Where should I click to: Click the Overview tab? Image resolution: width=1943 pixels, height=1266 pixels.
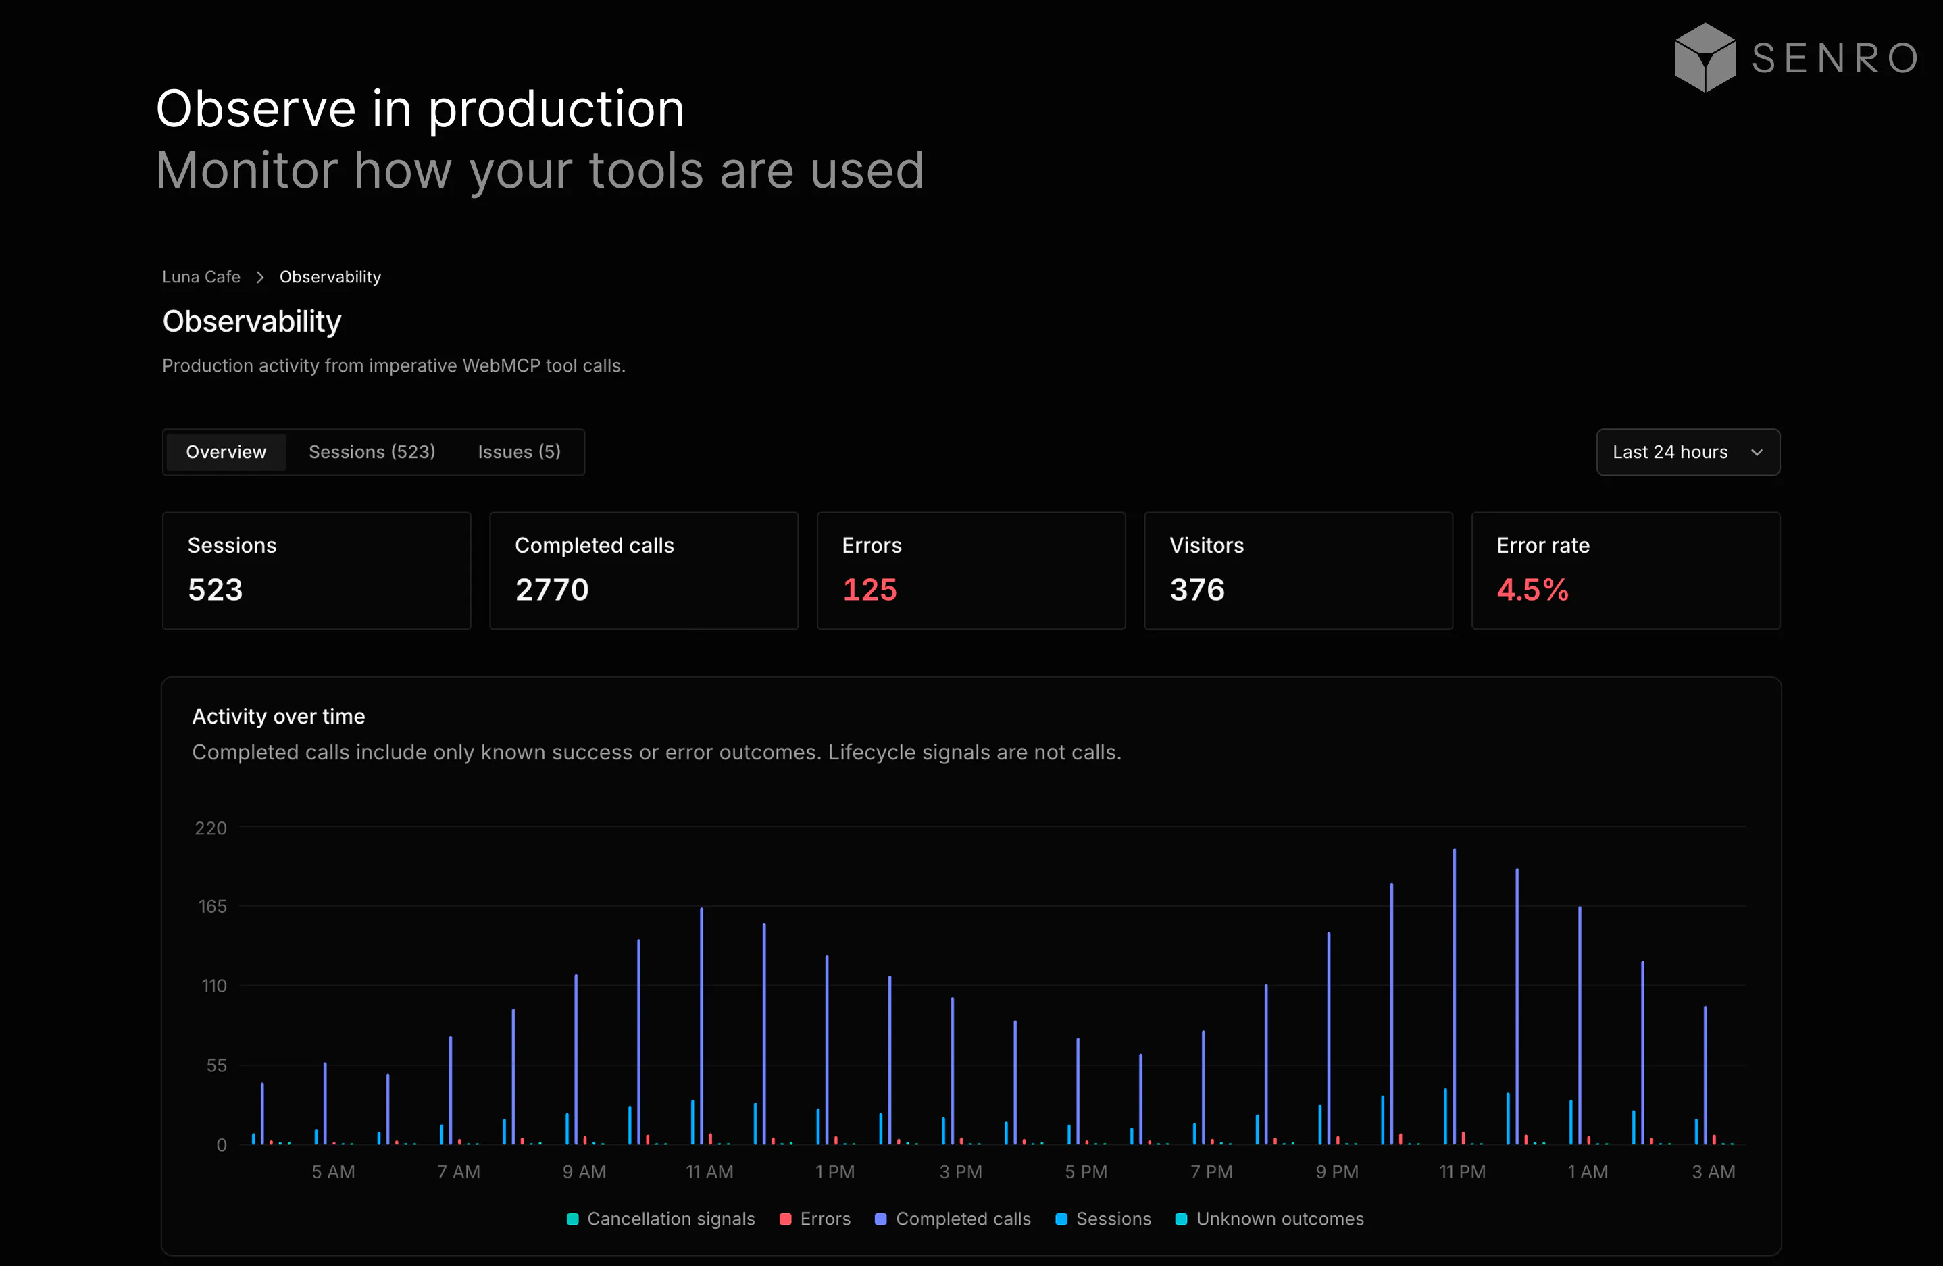click(226, 452)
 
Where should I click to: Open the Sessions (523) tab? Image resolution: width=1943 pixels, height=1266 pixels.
click(372, 452)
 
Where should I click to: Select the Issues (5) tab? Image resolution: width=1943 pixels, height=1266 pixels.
click(520, 452)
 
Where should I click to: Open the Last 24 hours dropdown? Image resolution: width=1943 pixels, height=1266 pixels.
click(1688, 452)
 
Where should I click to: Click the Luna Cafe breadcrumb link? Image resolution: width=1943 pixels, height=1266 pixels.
click(201, 277)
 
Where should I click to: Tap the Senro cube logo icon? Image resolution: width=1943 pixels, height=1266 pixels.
click(1705, 57)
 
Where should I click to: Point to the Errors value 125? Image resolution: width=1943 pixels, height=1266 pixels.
click(869, 589)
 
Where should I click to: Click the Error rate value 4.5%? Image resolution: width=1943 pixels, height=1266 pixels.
click(1532, 589)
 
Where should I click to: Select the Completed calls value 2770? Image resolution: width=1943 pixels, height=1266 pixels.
click(552, 589)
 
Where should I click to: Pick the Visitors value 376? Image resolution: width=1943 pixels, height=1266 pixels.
click(1197, 589)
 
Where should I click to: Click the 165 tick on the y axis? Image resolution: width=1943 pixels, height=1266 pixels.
click(212, 906)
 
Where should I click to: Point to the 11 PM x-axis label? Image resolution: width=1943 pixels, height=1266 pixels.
click(1462, 1172)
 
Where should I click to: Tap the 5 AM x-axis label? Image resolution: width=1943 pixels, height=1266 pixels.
click(333, 1172)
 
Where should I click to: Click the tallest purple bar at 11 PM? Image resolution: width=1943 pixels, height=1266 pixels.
click(1454, 996)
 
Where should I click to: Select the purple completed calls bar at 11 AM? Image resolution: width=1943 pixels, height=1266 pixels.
click(701, 1026)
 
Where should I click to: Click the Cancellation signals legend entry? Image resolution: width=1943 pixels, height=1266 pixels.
click(661, 1219)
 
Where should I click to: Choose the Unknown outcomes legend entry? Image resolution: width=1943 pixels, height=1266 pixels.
click(1269, 1219)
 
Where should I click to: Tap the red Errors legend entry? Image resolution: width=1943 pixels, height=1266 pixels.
click(815, 1219)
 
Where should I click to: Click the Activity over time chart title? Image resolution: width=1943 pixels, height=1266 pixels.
click(278, 716)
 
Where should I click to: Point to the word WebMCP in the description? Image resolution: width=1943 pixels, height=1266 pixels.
click(501, 365)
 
